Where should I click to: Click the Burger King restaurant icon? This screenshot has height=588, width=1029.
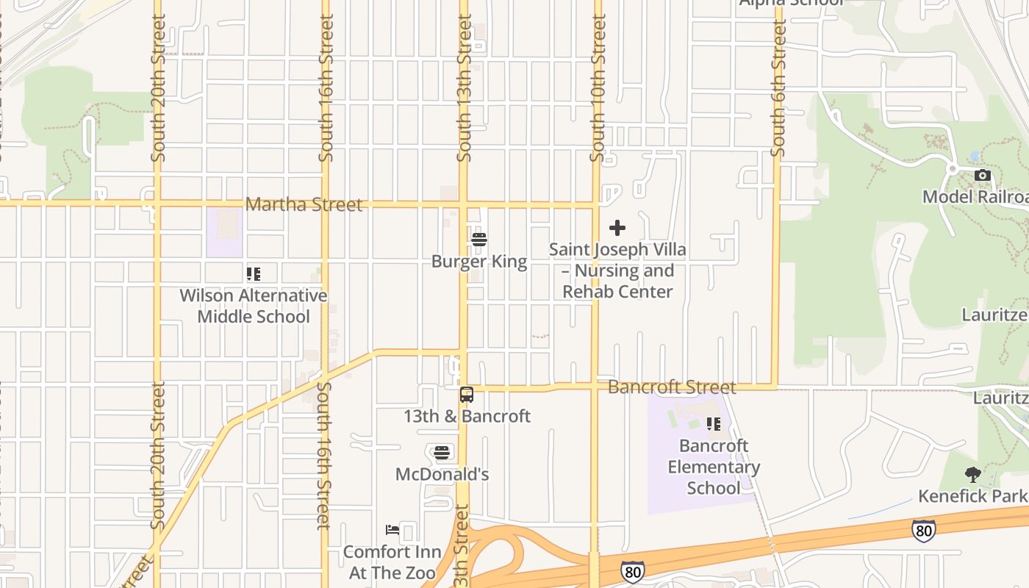point(479,239)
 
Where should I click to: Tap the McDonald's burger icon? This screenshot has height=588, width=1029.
point(442,452)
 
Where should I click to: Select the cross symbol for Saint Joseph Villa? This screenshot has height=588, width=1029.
point(617,228)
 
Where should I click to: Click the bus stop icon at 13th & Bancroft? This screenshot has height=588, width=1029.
point(467,395)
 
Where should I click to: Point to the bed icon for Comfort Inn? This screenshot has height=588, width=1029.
point(392,529)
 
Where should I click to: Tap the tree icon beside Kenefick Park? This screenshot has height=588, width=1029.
point(973,474)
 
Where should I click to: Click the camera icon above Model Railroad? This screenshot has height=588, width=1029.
point(982,175)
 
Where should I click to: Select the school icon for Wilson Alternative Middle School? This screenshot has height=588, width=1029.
point(254,274)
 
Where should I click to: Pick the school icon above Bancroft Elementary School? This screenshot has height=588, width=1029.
point(713,424)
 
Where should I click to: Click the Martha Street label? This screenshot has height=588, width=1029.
point(304,204)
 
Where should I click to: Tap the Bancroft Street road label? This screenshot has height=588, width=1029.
point(672,387)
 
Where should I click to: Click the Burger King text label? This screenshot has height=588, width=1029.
point(479,262)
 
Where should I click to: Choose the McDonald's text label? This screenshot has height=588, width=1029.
point(442,474)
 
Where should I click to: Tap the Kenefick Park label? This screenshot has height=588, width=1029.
point(972,496)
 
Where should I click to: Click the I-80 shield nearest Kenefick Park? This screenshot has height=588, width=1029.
point(924,529)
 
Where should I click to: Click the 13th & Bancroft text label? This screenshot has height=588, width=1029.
point(467,416)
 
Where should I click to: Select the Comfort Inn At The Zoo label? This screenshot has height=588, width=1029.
point(392,562)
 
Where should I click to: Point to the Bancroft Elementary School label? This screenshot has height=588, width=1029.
point(714,467)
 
